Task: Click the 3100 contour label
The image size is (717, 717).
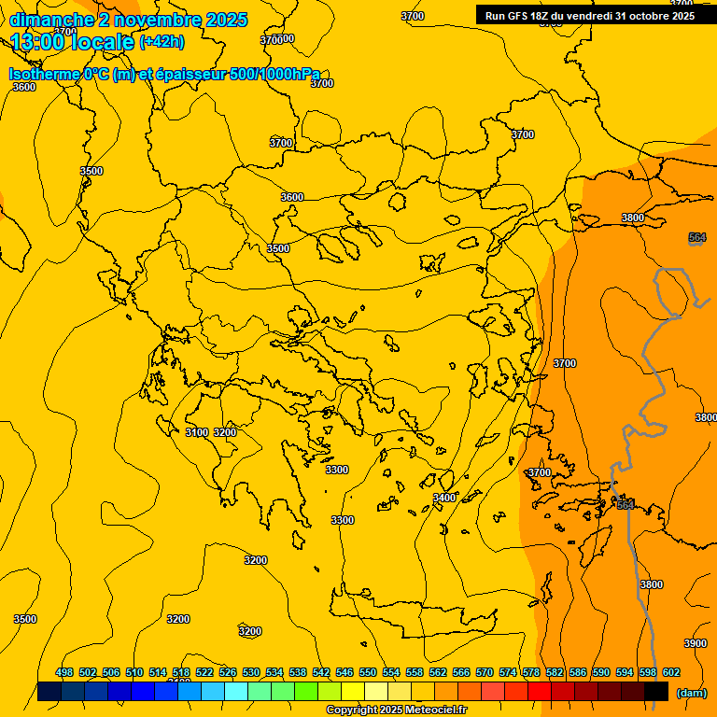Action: tap(196, 432)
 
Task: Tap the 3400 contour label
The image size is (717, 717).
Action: tap(444, 498)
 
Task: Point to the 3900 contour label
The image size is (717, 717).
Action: tap(696, 643)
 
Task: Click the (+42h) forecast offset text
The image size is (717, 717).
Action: tap(162, 42)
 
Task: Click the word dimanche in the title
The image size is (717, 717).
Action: tap(51, 19)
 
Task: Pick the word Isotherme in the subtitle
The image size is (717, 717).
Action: tap(44, 74)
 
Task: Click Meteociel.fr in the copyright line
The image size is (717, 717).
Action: tap(435, 710)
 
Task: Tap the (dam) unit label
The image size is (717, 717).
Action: tap(691, 693)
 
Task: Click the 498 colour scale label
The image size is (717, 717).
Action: tap(64, 672)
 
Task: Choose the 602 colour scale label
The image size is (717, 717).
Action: tap(671, 672)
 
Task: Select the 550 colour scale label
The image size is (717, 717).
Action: tap(368, 672)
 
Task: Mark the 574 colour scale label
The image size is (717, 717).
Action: tap(508, 672)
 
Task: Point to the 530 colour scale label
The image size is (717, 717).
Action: tap(251, 672)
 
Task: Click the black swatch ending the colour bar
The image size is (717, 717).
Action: tap(656, 692)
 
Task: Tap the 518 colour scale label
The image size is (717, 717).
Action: tap(181, 672)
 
